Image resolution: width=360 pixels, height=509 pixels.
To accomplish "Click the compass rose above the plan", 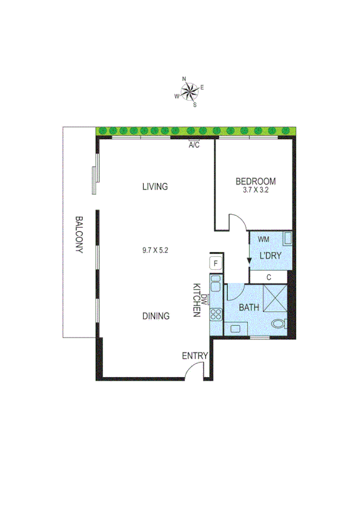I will (x=191, y=92).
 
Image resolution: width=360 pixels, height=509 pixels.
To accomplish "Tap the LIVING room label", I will (x=155, y=186).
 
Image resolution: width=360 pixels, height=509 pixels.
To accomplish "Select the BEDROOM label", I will (x=256, y=181).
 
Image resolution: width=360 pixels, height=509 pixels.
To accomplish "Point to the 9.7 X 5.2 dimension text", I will (x=155, y=251).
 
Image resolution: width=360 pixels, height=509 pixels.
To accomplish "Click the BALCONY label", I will (x=78, y=234).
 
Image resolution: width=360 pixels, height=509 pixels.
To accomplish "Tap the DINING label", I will (x=156, y=316).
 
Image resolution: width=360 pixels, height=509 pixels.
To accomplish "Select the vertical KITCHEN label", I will (x=196, y=300).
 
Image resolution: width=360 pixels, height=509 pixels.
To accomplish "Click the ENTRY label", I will (x=195, y=356).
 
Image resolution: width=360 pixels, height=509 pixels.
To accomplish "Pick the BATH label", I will (x=249, y=308).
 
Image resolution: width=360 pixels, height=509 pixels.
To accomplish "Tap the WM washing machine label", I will (x=264, y=239).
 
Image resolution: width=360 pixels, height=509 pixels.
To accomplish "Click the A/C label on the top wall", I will (x=194, y=145).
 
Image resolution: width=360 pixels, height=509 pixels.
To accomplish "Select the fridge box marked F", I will (x=216, y=263).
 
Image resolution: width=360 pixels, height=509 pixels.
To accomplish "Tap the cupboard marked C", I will (x=269, y=277).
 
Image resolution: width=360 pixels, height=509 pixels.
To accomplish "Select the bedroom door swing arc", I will (x=238, y=221).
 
